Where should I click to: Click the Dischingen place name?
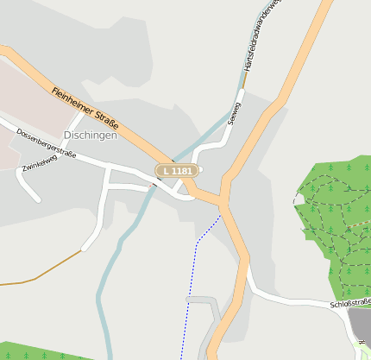[x=90, y=136]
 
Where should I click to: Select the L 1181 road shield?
[x=177, y=171]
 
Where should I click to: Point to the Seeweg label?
[x=232, y=114]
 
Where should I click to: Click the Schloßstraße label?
[x=349, y=303]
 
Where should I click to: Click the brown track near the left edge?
[x=35, y=279]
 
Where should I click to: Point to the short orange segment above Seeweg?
[x=245, y=79]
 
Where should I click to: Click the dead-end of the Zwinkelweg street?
[x=38, y=200]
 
